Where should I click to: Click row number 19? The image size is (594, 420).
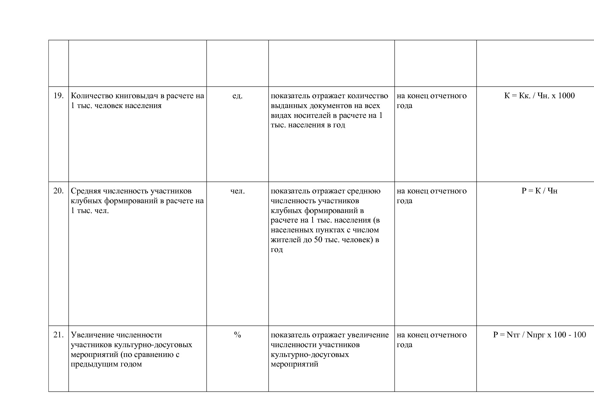(59, 96)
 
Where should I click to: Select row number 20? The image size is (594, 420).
(59, 191)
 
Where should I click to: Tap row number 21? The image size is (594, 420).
(59, 335)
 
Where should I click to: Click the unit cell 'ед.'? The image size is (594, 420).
(237, 96)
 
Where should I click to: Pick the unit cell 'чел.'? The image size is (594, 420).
(237, 191)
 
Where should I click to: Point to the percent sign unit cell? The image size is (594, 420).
(237, 335)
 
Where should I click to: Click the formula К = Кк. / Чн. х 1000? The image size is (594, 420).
(539, 96)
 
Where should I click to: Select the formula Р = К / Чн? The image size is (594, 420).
(539, 191)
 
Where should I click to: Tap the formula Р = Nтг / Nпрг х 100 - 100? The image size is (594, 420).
(539, 335)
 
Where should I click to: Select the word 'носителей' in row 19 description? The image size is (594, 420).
(310, 115)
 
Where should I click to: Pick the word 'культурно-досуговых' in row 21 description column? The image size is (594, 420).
(310, 355)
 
